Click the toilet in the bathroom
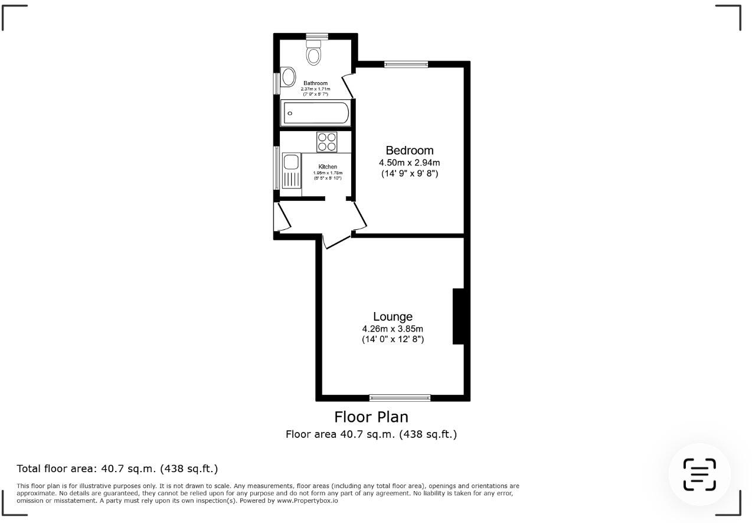coord(314,53)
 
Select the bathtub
coord(315,113)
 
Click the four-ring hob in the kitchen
coord(326,142)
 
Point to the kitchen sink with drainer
coord(291,171)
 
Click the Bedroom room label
coord(409,151)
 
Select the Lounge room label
coord(393,317)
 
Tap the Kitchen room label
coord(328,167)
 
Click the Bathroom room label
coord(315,83)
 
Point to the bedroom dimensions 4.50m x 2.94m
coord(409,163)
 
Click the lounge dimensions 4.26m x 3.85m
coord(393,329)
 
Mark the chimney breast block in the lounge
coord(459,316)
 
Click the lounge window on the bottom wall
coord(400,398)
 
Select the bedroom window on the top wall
coord(406,64)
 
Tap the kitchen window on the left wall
coord(276,168)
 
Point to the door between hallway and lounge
coord(336,241)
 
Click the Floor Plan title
coord(371,417)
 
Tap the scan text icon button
coord(699,474)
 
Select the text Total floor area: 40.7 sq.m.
coord(117,469)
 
